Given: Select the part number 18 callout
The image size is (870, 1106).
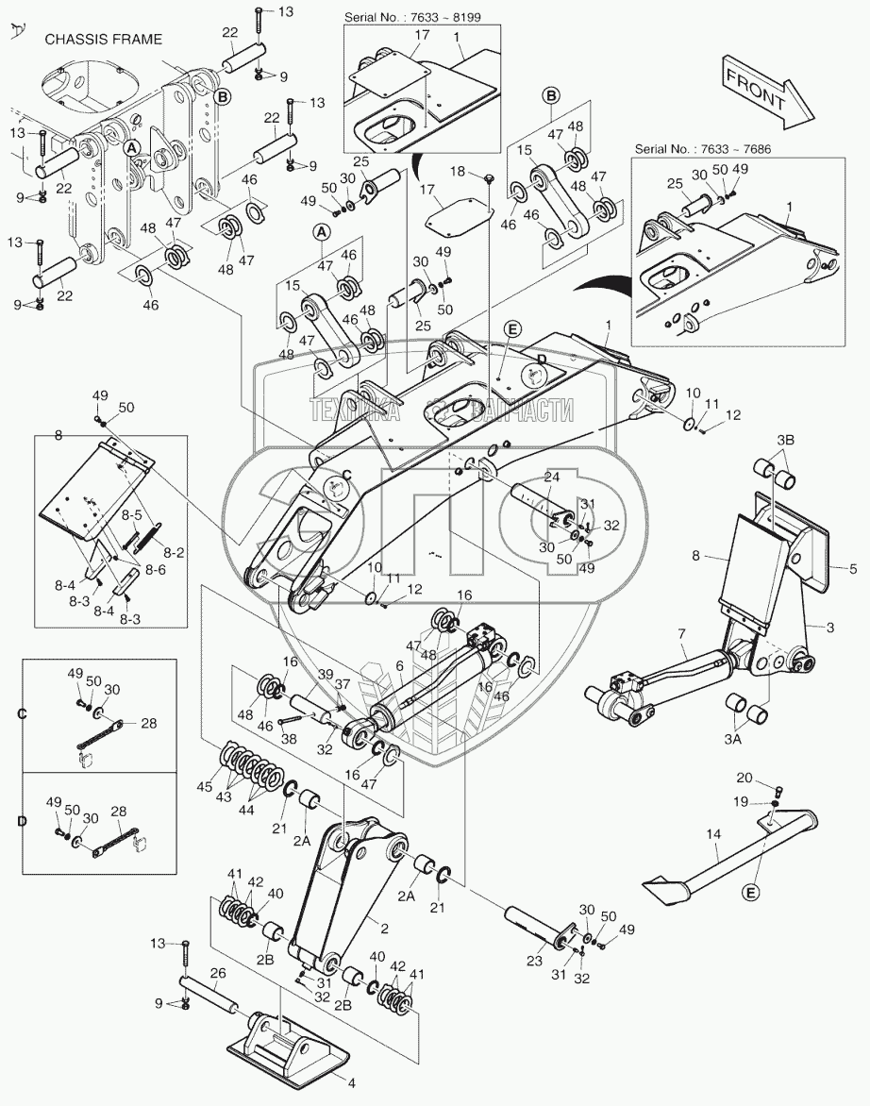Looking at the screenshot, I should coord(458,171).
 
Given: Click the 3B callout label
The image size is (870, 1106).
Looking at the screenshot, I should coord(786,441).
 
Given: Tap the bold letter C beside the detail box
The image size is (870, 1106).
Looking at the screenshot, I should coord(21,713).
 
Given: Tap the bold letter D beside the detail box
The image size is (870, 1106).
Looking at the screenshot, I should coord(21,822).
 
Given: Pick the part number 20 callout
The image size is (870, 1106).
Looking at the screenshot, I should coord(745,779).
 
